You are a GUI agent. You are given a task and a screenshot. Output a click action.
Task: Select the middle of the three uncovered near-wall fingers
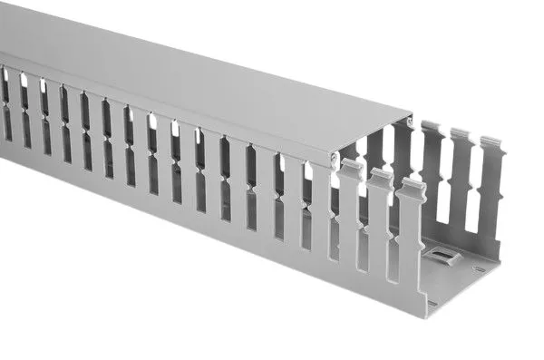coord(380,222)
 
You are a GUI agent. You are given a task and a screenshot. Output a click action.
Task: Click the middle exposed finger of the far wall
coord(460,181)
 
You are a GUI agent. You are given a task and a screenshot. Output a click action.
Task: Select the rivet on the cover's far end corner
coord(411,119)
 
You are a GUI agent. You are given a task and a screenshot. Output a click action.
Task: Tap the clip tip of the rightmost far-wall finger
coord(492,143)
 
